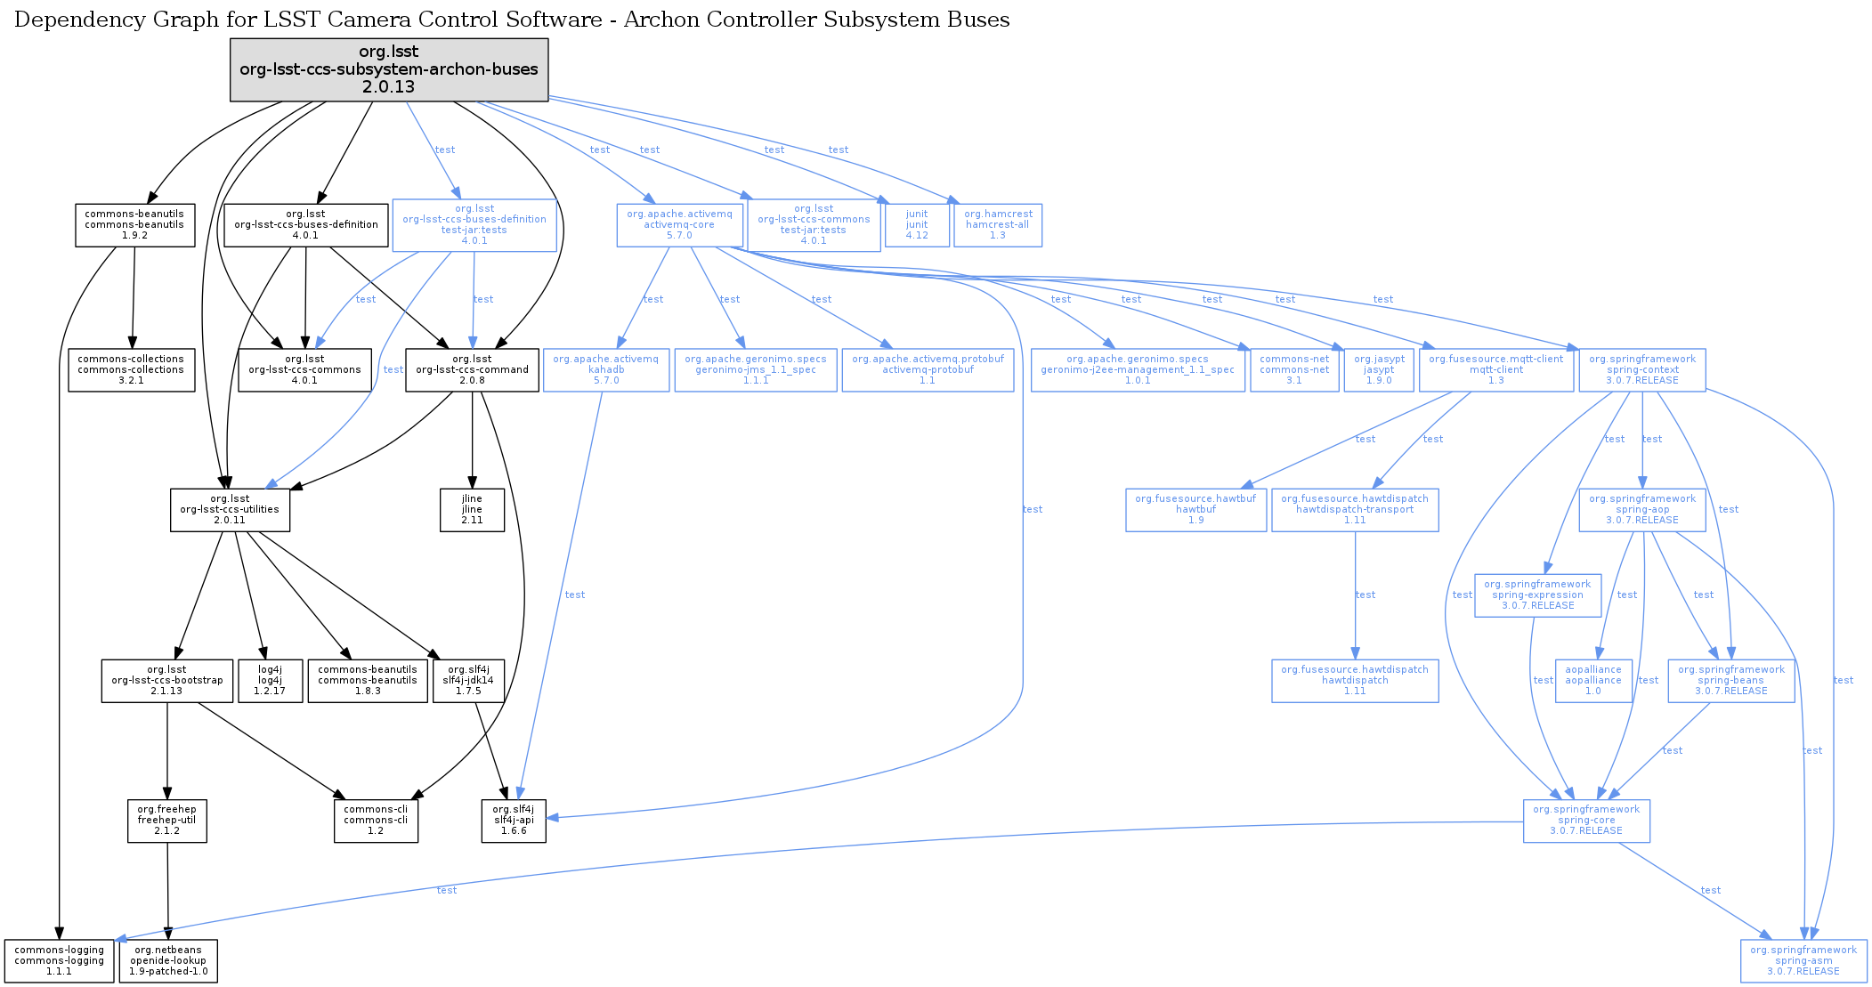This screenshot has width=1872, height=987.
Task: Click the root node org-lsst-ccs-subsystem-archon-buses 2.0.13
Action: point(389,69)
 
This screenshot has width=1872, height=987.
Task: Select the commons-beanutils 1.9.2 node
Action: point(134,225)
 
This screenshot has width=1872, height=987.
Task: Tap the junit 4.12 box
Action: point(917,225)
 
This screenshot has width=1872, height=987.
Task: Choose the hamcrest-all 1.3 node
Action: point(998,225)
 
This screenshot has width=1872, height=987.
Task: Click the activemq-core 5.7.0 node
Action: point(679,225)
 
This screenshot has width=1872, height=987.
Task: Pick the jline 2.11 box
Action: point(472,510)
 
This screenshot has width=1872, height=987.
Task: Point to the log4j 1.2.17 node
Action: point(270,681)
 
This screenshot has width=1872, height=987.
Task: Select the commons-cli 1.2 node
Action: point(376,821)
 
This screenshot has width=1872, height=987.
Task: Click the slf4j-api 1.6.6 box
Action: point(514,821)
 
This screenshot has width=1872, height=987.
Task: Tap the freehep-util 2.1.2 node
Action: point(166,821)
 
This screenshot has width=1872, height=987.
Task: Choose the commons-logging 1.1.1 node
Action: point(59,961)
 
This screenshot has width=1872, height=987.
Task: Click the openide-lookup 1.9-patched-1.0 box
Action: point(168,961)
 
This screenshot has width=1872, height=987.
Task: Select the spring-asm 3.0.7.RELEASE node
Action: point(1803,961)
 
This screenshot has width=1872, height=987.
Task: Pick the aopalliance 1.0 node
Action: point(1593,681)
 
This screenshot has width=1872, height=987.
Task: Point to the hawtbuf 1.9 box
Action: point(1195,510)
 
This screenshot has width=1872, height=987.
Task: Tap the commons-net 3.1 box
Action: point(1294,370)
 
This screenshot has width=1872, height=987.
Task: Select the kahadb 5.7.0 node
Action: point(605,370)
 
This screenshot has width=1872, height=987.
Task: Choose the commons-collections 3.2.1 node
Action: point(131,370)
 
